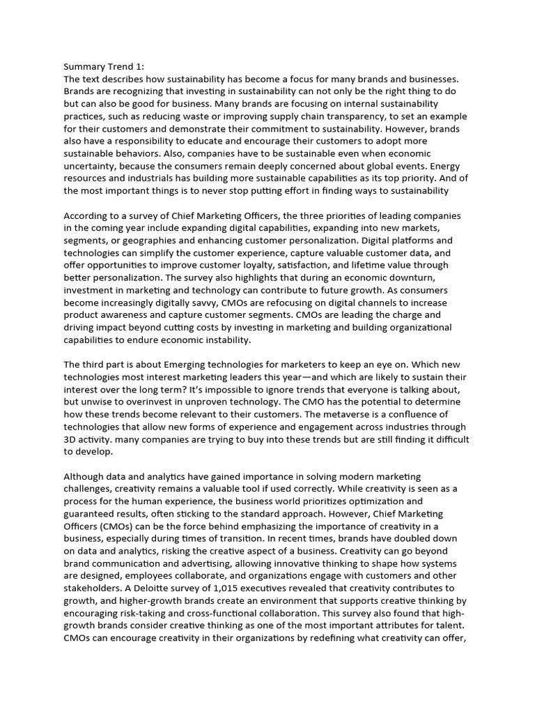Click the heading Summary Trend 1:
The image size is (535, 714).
pos(104,67)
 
